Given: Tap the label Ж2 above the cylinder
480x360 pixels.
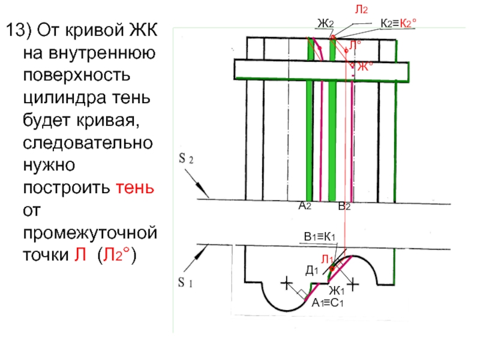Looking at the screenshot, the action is [x=325, y=23].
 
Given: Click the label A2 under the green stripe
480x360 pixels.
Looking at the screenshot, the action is [x=305, y=206].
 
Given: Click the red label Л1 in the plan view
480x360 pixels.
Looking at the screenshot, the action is [x=327, y=259].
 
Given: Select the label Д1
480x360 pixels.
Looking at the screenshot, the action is [x=312, y=271].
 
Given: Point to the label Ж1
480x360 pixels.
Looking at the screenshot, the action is [x=335, y=292].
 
